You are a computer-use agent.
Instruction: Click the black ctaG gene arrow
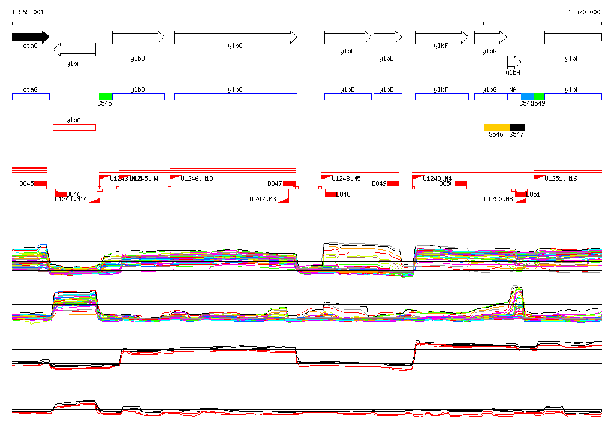point(30,37)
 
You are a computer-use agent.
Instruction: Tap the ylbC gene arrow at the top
point(236,37)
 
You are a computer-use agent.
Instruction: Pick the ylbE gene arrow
point(387,37)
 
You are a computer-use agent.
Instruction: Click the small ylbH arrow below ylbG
point(514,62)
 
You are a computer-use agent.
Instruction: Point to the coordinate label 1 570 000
point(583,12)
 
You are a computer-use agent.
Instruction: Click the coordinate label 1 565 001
point(28,12)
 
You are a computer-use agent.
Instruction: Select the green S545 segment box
point(106,97)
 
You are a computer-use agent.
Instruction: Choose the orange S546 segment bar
point(496,127)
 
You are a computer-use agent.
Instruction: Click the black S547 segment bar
point(517,127)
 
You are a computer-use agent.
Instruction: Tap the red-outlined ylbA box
point(74,127)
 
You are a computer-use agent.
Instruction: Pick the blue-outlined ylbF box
point(442,97)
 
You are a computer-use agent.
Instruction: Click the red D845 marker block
point(40,183)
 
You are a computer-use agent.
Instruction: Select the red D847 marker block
point(289,183)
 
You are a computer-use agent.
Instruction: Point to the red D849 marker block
point(393,183)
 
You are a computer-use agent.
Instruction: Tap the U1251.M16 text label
point(561,179)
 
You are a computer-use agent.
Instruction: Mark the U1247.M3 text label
point(261,200)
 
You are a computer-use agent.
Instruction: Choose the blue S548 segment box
point(527,97)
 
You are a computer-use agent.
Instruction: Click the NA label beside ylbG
point(513,89)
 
